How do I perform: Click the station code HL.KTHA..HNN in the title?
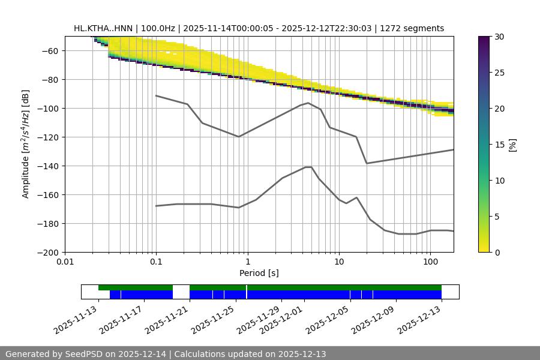coord(105,28)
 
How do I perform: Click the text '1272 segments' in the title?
coord(416,28)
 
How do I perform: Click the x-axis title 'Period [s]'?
coord(259,273)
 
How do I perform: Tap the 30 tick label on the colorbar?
coord(499,37)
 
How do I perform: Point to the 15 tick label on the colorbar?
coord(499,145)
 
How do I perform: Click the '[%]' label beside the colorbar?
coord(512,145)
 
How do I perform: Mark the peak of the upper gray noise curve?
coord(308,103)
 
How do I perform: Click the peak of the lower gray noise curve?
coord(308,167)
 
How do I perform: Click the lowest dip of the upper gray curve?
coord(367,163)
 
